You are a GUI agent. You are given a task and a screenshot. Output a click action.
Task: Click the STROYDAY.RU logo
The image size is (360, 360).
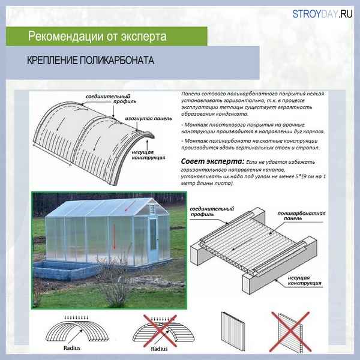[322, 16]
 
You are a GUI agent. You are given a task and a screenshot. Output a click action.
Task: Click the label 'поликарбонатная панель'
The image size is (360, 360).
[298, 216]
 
